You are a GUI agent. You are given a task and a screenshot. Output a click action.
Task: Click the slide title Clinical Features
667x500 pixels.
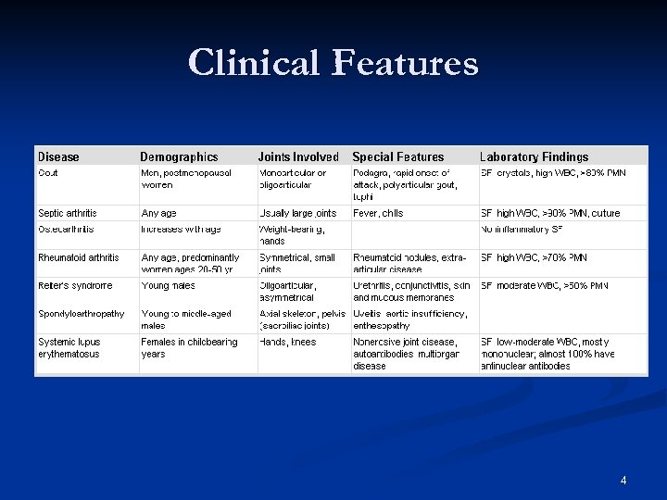click(x=333, y=63)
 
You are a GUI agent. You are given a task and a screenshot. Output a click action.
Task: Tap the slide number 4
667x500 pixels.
click(x=623, y=480)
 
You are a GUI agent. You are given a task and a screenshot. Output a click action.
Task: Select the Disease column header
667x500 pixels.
click(x=58, y=156)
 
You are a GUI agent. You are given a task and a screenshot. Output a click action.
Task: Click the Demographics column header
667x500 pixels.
click(x=179, y=156)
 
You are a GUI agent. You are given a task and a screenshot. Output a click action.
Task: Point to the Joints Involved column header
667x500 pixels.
click(x=298, y=156)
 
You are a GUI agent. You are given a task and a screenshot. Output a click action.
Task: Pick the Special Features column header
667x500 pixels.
click(x=398, y=156)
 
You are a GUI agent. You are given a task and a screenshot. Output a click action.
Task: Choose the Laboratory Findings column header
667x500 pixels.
click(x=534, y=156)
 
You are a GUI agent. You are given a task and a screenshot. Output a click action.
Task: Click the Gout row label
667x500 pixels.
click(x=48, y=173)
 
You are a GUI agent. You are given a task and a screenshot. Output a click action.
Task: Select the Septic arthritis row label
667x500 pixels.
click(x=68, y=213)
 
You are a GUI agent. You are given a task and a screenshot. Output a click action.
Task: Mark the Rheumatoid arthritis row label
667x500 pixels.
click(x=79, y=257)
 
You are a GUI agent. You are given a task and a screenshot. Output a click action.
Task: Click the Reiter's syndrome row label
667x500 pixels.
click(x=75, y=285)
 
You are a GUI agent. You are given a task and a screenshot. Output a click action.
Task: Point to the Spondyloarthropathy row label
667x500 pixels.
click(x=82, y=314)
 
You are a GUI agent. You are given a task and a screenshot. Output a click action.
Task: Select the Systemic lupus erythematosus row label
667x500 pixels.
click(x=69, y=348)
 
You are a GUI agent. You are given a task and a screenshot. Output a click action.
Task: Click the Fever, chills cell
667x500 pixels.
click(x=378, y=213)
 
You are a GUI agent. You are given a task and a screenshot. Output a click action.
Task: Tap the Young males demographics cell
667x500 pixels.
click(x=168, y=285)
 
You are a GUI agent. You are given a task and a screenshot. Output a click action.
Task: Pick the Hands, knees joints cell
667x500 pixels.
click(x=288, y=342)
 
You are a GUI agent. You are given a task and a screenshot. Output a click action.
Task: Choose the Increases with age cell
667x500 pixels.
click(x=181, y=229)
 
